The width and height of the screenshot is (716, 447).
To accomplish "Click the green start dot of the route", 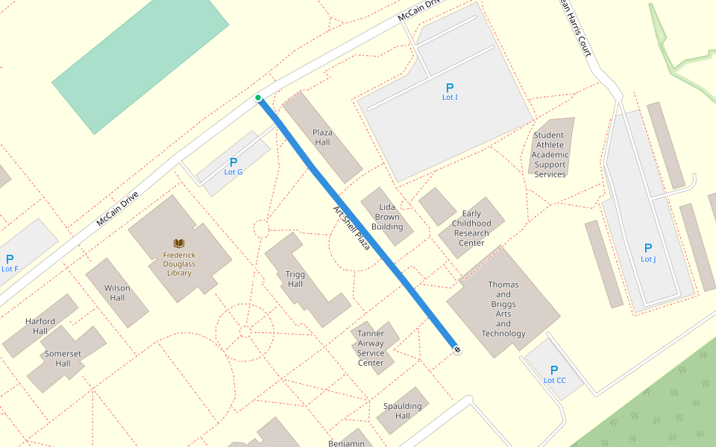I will [x=258, y=98].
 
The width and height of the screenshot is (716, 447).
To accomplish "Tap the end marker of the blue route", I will [x=456, y=349].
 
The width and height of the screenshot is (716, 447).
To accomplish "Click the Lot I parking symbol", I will [x=450, y=88].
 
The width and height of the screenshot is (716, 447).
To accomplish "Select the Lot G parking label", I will [x=233, y=172].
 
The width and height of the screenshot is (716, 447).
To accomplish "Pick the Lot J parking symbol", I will [x=648, y=248].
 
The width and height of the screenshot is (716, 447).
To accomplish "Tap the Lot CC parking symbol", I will [x=554, y=370].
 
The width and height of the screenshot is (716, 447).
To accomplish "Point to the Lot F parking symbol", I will [x=10, y=259].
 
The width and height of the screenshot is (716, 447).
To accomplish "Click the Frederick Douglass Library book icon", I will [x=179, y=244].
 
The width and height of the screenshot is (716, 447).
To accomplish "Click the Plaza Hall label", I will [x=322, y=137].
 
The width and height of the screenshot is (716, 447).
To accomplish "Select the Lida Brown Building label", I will [x=387, y=217].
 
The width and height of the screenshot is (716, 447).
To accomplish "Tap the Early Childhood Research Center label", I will [x=471, y=228].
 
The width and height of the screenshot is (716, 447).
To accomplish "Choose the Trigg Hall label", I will [x=295, y=279].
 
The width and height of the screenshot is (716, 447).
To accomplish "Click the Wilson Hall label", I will [x=117, y=293].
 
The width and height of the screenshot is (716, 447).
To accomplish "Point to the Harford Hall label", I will [x=40, y=326].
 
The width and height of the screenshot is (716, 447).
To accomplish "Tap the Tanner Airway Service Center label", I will [x=371, y=348].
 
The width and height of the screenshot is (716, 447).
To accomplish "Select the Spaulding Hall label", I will [x=403, y=411].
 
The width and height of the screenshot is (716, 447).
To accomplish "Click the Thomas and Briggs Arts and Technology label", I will [x=503, y=309].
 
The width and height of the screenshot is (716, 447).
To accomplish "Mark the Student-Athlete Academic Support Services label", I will [x=550, y=155].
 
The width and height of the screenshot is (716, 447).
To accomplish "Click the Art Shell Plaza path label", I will [x=352, y=227].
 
